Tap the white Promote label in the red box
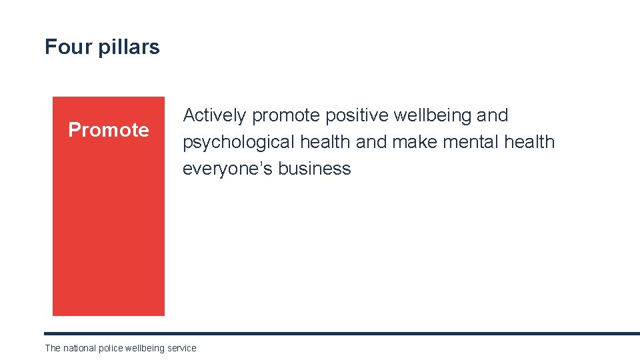pos(109,130)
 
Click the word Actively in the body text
pos(215,116)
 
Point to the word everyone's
pos(227,169)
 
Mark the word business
pos(314,169)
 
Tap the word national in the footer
pos(79,348)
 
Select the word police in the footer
pos(110,348)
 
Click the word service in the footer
pos(182,348)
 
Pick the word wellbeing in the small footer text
pos(145,348)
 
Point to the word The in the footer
pos(53,348)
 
